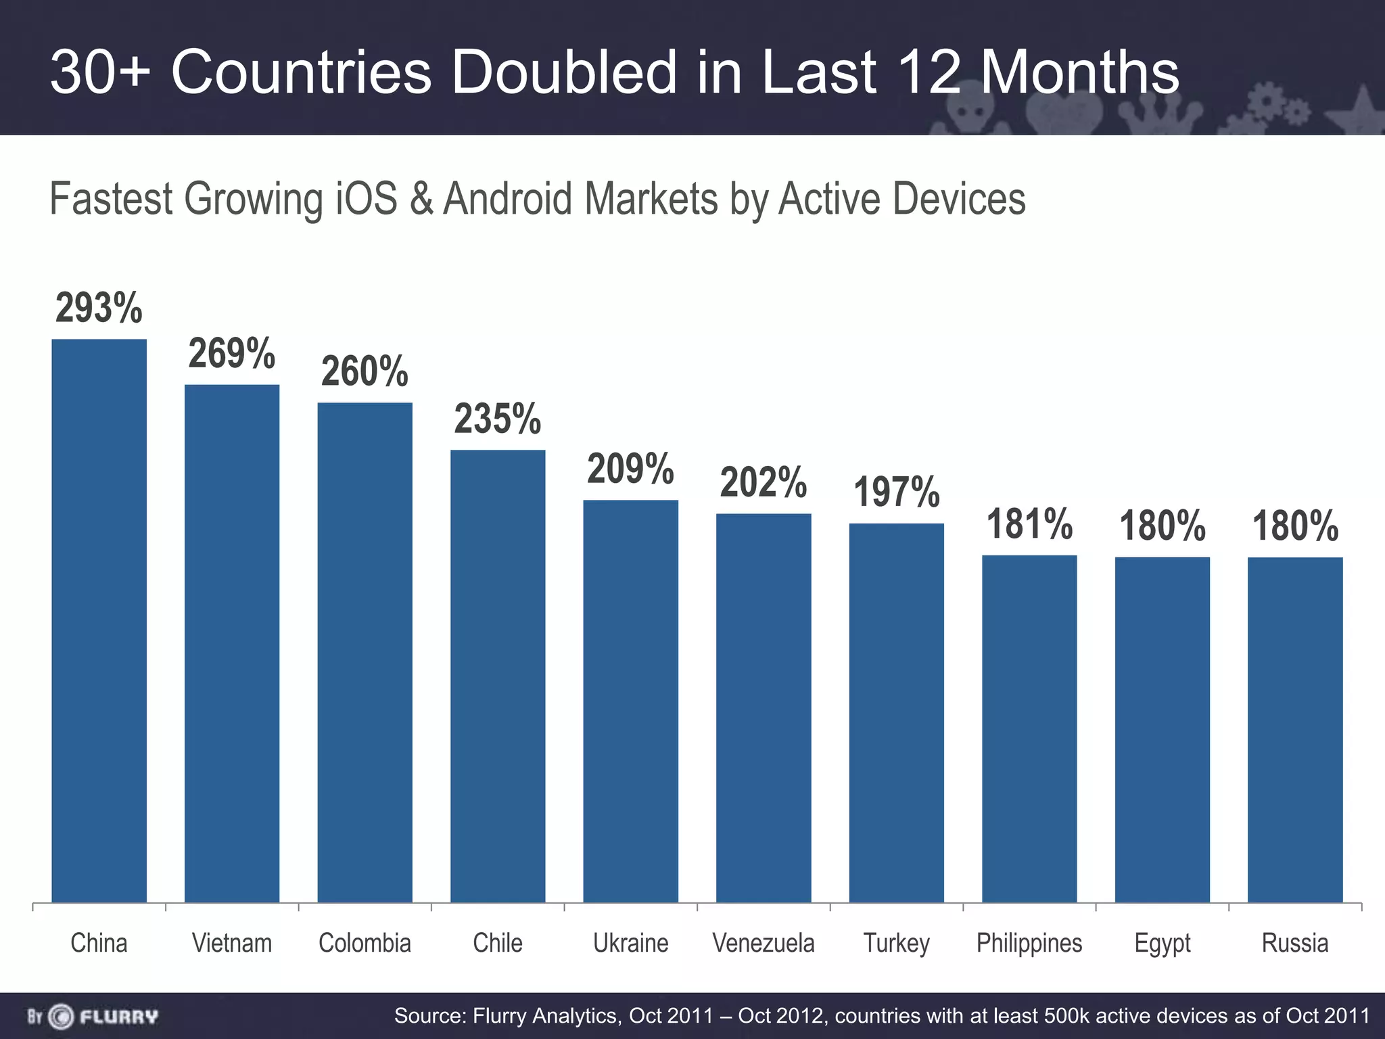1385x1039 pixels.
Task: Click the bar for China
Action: [99, 620]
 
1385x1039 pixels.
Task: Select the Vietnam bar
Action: [232, 643]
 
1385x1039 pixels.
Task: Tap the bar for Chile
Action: [498, 676]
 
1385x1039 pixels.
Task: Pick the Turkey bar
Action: [896, 712]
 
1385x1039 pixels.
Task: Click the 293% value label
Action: [99, 308]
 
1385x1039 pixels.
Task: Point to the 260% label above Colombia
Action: [365, 371]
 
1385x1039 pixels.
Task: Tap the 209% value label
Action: [630, 468]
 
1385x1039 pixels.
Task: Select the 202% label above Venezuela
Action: [763, 482]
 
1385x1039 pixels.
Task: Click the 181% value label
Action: [1029, 524]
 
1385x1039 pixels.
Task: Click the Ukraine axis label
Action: [630, 943]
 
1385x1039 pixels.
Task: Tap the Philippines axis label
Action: [1029, 943]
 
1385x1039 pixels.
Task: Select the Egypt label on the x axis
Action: [1162, 943]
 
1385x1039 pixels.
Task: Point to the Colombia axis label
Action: [365, 943]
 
